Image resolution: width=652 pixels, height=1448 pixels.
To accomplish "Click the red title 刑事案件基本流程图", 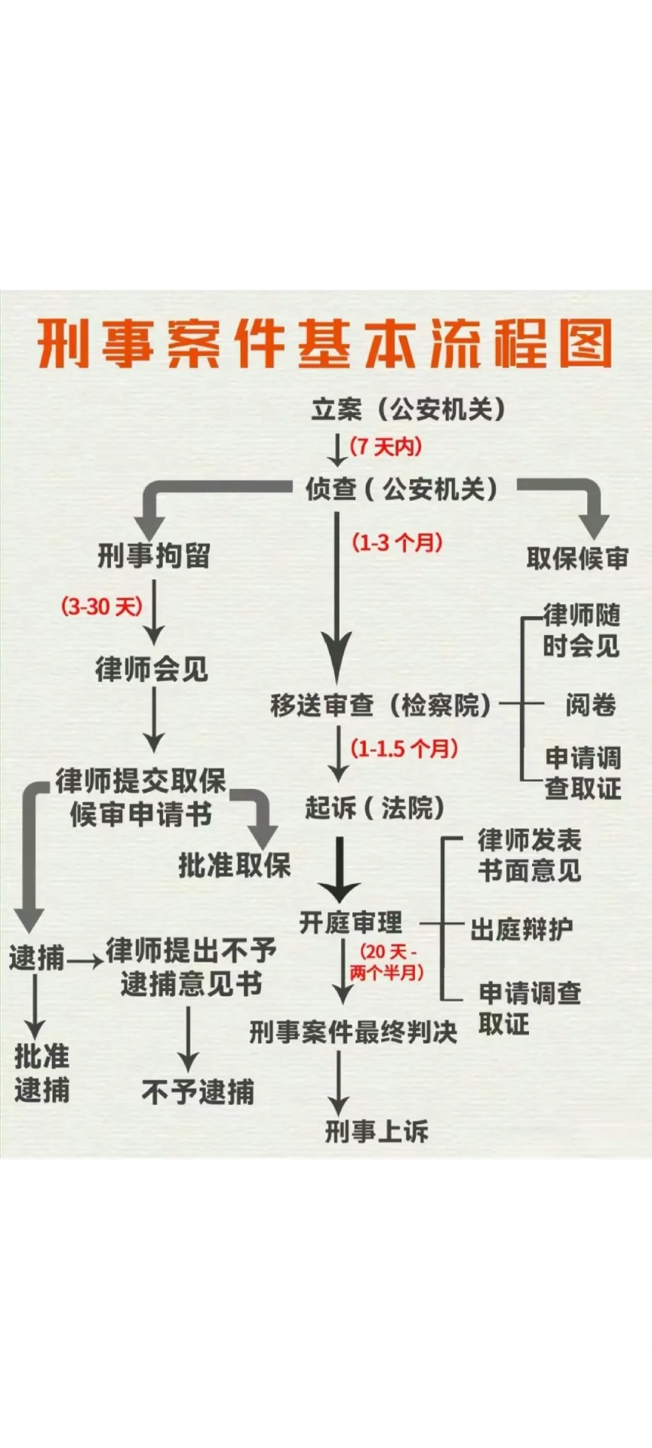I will [325, 345].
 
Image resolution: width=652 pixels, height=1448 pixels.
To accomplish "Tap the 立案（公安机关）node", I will [408, 410].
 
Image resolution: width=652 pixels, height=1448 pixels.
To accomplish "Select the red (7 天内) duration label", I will [386, 446].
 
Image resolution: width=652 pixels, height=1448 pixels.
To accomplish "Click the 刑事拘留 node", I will [154, 557].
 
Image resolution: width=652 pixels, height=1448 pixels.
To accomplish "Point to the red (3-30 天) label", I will [102, 606].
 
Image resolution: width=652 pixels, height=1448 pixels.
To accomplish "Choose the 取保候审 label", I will [577, 558].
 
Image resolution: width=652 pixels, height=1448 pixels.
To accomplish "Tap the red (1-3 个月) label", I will [397, 542].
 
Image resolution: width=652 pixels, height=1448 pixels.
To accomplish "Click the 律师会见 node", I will [152, 669].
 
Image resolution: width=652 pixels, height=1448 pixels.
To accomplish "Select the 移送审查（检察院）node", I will [381, 706].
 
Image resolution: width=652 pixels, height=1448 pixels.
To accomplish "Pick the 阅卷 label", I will [591, 705].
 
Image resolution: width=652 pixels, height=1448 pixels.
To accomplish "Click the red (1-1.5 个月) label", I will [404, 749].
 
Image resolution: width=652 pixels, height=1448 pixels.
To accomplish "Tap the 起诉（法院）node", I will [375, 808].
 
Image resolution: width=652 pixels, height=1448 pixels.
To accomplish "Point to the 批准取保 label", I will [235, 865].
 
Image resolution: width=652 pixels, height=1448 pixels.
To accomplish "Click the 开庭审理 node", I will [352, 922].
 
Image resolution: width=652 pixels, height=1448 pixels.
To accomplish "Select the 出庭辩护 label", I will [522, 929].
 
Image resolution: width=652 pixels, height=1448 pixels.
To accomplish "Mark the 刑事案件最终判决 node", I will [353, 1032].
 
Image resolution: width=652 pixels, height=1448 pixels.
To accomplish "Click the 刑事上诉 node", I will [377, 1130].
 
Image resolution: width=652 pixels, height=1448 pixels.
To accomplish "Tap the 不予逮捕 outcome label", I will [198, 1091].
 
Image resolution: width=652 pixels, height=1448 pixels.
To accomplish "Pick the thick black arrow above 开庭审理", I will [340, 867].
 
